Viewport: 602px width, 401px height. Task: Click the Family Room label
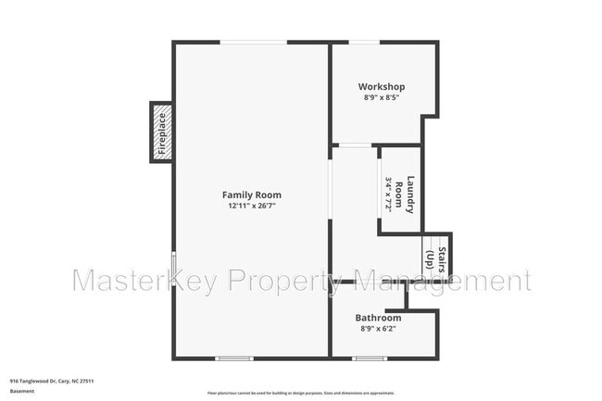[251, 194]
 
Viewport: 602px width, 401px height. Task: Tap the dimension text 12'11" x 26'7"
[251, 206]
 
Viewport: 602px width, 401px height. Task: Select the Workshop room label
[383, 87]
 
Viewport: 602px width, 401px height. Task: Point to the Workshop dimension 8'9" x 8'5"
[382, 97]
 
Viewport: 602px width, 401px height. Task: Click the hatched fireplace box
[161, 132]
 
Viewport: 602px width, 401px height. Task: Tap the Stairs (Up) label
[436, 257]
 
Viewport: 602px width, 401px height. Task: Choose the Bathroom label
[379, 318]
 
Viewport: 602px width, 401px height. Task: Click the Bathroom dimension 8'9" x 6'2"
[379, 328]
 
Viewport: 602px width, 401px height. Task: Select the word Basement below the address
[22, 391]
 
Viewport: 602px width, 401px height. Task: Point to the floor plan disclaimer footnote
[301, 391]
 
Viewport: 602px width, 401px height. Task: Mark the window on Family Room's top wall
[253, 42]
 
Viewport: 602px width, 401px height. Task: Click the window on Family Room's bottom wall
[234, 357]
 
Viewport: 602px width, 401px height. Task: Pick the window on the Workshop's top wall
[363, 42]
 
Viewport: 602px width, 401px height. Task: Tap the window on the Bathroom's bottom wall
[370, 357]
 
